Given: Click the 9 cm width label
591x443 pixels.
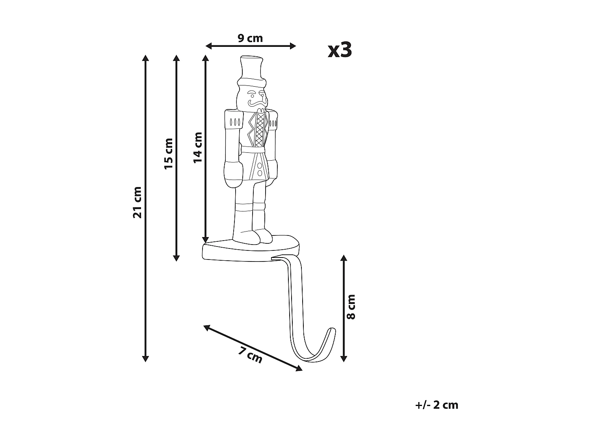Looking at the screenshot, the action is (x=250, y=39).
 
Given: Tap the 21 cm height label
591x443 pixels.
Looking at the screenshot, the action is (x=138, y=202).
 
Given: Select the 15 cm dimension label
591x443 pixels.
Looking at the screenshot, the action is (x=169, y=154).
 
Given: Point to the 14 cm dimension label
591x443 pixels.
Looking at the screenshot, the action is (x=198, y=148).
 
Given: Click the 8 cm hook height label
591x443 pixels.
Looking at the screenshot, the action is (x=351, y=307).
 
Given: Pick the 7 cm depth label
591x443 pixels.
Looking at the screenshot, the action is (x=250, y=356).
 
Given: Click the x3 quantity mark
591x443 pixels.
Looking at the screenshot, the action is (x=340, y=50).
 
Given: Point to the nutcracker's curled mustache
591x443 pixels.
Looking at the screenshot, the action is (x=258, y=103).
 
